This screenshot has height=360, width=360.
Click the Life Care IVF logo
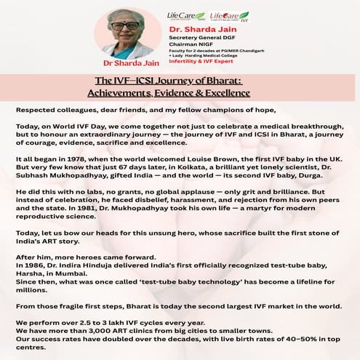pyautogui.click(x=228, y=15)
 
